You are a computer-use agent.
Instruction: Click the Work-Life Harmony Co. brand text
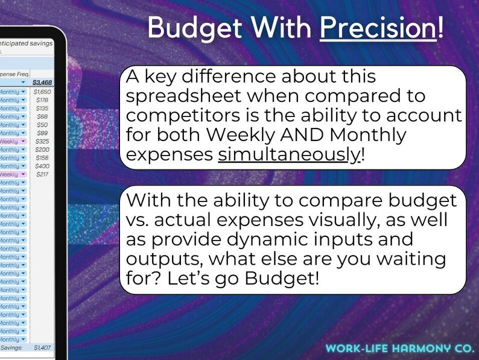[398, 348]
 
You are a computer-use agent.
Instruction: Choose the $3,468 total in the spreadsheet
[42, 81]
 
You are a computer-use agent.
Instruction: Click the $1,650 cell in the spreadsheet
[42, 92]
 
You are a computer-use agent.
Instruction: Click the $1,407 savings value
[43, 347]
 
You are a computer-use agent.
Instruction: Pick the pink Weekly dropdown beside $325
[13, 141]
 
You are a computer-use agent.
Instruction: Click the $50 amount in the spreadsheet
[42, 125]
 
